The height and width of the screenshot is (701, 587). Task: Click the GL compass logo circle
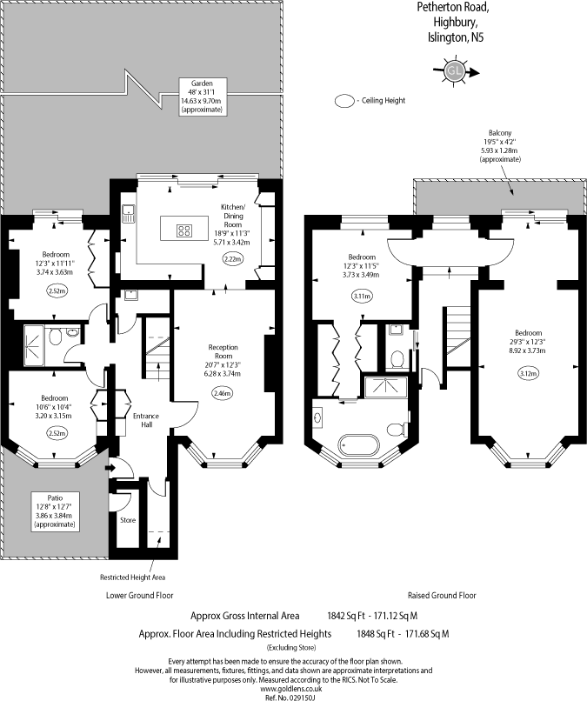pos(455,70)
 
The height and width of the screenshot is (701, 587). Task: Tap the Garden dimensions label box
pos(202,97)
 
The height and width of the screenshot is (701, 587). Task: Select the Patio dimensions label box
pos(55,511)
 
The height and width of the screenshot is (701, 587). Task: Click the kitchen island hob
pos(184,230)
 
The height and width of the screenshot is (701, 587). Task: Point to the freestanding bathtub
pos(359,444)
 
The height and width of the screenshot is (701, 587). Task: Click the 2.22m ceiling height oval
pos(232,258)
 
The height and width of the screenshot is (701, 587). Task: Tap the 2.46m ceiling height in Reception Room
pos(223,393)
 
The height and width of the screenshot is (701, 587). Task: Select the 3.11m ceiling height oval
pos(362,296)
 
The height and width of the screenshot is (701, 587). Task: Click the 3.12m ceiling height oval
pos(529,373)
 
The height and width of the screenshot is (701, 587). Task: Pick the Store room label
pos(128,520)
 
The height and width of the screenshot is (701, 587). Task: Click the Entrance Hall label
pos(146,420)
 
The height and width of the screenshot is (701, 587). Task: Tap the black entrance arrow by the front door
pos(110,468)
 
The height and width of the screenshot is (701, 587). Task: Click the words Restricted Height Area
pos(132,577)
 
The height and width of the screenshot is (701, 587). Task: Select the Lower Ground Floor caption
pos(139,596)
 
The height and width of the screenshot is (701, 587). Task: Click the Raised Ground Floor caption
pos(442,596)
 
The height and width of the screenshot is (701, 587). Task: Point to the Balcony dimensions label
pos(500,146)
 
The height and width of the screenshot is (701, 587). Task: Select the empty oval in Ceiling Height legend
pos(344,101)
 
